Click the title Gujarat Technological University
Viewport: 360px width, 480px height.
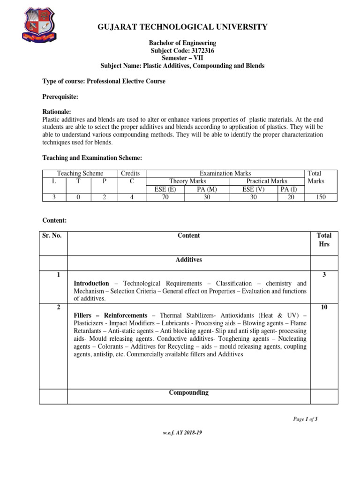[x=182, y=27]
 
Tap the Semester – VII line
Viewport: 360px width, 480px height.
[x=182, y=58]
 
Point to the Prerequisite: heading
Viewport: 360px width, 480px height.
[x=60, y=97]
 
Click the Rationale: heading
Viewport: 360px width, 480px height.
[x=57, y=112]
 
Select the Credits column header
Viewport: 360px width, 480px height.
[x=130, y=173]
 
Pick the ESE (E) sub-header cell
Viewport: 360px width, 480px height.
[x=165, y=189]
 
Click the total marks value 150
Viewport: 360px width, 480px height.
[x=321, y=197]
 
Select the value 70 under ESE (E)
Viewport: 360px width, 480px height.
[x=165, y=197]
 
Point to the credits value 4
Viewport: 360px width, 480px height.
[x=131, y=197]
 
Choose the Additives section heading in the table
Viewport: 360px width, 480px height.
[x=188, y=260]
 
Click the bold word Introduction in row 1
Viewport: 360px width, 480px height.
[x=91, y=284]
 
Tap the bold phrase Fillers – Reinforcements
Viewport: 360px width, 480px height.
[x=111, y=315]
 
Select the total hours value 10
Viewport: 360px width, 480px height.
[x=324, y=307]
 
